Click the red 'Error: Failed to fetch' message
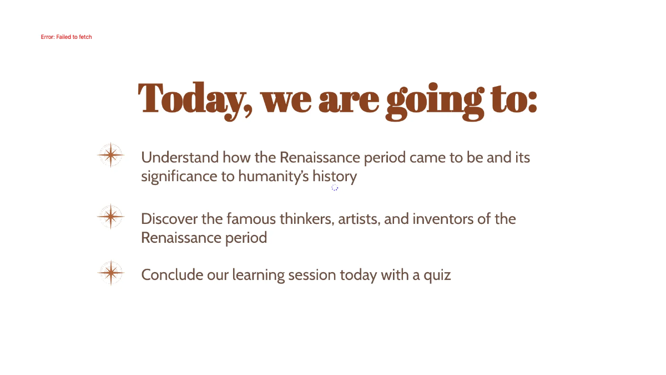click(66, 37)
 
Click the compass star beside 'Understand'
click(110, 155)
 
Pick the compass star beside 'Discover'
click(110, 216)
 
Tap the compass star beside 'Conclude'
click(110, 272)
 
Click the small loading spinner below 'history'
click(335, 188)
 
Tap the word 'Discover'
click(169, 219)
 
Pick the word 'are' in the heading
click(349, 98)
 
